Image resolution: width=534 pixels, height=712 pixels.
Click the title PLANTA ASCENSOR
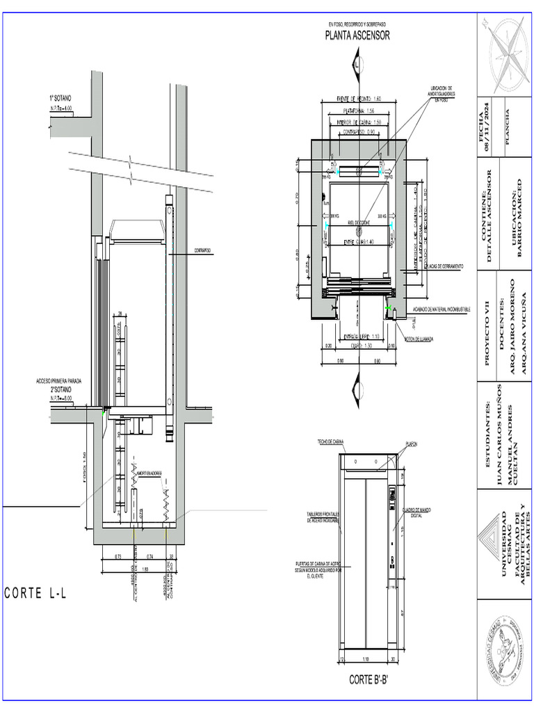(x=357, y=36)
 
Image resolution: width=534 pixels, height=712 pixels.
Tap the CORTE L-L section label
(x=35, y=593)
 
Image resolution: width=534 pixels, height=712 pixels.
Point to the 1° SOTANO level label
(x=60, y=99)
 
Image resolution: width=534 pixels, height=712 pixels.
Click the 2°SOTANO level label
(x=63, y=390)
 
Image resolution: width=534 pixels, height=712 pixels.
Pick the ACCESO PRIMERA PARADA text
(x=59, y=381)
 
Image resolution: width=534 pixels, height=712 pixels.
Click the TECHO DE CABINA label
(x=331, y=442)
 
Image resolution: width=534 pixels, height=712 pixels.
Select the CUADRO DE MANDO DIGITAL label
(x=426, y=512)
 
